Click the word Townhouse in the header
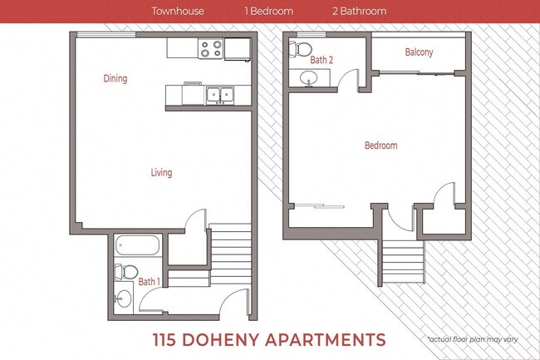click(178, 12)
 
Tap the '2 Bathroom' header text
click(359, 12)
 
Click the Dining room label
click(115, 79)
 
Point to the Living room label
click(161, 173)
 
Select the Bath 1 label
click(149, 281)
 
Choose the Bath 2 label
click(322, 60)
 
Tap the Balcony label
click(419, 52)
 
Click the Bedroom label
click(380, 145)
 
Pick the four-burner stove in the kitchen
click(211, 50)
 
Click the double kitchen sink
click(219, 95)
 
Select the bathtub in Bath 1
click(138, 245)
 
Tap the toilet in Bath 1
click(125, 271)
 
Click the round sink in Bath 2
click(309, 79)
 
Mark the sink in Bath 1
click(123, 298)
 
